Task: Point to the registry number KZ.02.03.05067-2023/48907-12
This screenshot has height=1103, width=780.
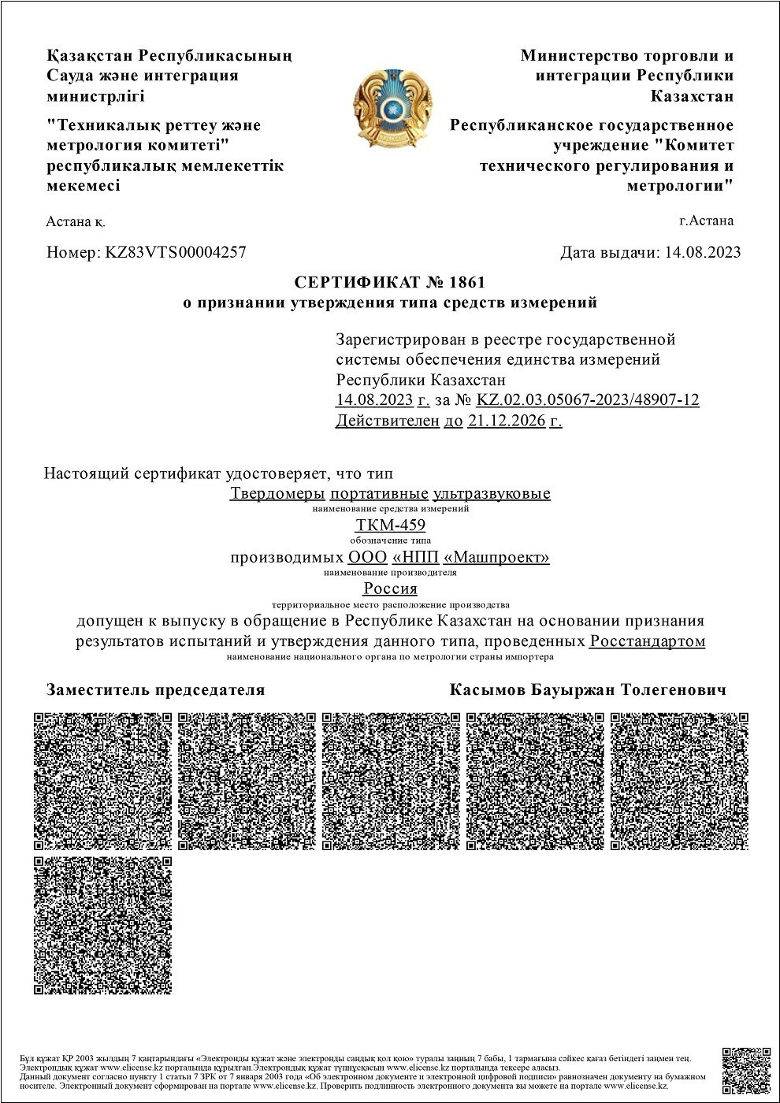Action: click(x=588, y=400)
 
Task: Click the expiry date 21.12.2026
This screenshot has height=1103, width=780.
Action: click(x=507, y=421)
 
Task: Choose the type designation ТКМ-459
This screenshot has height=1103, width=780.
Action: click(x=391, y=526)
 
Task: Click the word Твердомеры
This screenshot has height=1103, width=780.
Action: click(x=277, y=494)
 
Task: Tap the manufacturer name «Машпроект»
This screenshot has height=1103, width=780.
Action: click(x=497, y=558)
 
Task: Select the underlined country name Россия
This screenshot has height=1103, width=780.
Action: click(x=390, y=589)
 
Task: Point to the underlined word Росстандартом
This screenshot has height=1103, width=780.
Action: click(x=647, y=641)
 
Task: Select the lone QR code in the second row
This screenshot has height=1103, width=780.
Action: click(x=103, y=925)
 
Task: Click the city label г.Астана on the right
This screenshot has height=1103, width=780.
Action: click(x=706, y=221)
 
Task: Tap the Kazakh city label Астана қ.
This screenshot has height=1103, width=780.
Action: click(x=76, y=221)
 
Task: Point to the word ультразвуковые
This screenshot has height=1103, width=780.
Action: click(x=492, y=494)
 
